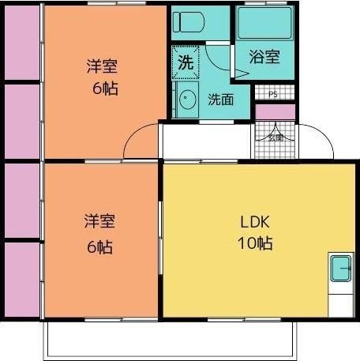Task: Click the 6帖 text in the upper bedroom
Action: pos(103,88)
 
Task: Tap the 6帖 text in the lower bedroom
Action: pos(99,246)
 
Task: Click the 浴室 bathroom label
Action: pos(264,57)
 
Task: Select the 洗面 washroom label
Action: pos(219,100)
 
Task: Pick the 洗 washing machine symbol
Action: pos(185,62)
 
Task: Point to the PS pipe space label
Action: pos(273,95)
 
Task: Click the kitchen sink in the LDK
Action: pos(341,269)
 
